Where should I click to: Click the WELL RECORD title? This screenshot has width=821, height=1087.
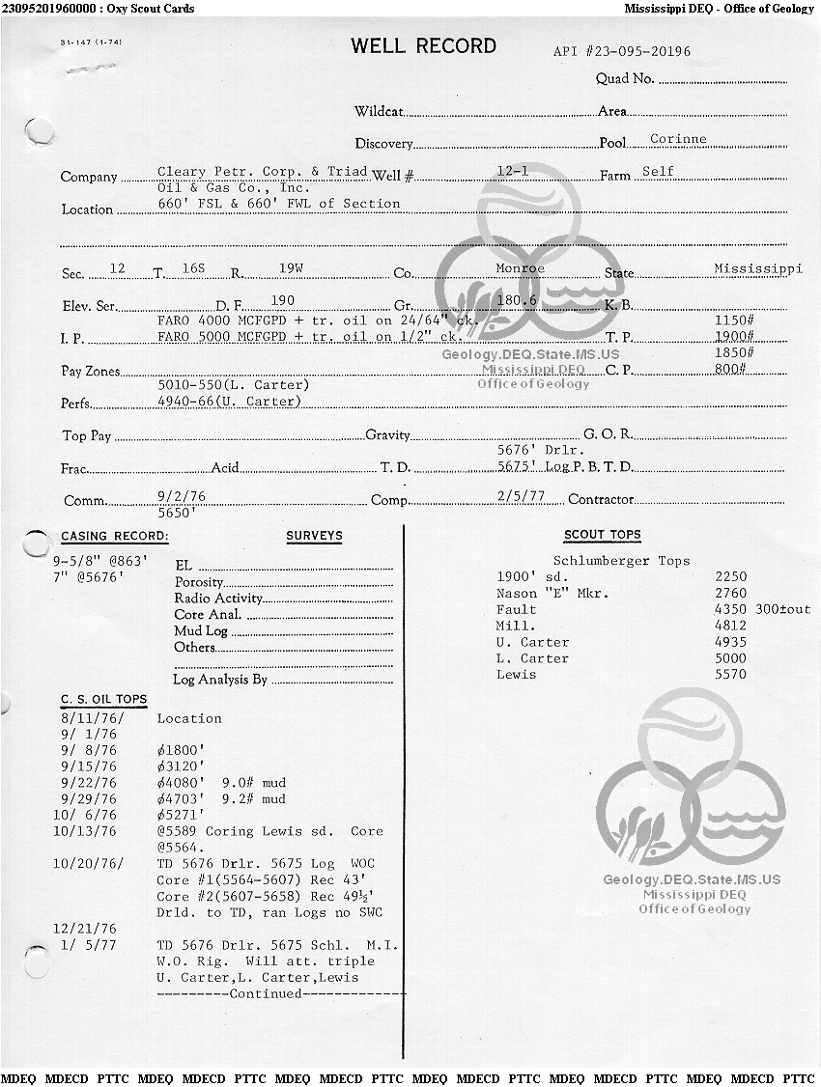pos(423,46)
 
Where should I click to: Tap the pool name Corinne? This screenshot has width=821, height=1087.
pos(678,139)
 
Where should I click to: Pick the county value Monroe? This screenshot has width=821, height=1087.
pos(520,268)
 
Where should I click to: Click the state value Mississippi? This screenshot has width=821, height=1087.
pos(757,268)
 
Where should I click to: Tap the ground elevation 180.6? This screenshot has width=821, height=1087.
pos(516,300)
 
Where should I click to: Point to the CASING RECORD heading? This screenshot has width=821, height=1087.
pos(114,536)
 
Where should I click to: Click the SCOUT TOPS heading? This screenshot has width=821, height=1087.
pos(602,535)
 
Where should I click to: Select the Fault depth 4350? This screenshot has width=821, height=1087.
pos(730,609)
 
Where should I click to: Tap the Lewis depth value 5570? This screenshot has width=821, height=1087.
pos(730,675)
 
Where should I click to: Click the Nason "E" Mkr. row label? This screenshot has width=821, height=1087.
pos(552,593)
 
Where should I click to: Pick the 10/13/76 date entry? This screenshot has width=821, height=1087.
pos(85,831)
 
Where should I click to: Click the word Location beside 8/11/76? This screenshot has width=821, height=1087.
pos(189,718)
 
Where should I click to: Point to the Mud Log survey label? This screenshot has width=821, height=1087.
pos(201,631)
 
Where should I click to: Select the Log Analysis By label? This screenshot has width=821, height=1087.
pos(219,680)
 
